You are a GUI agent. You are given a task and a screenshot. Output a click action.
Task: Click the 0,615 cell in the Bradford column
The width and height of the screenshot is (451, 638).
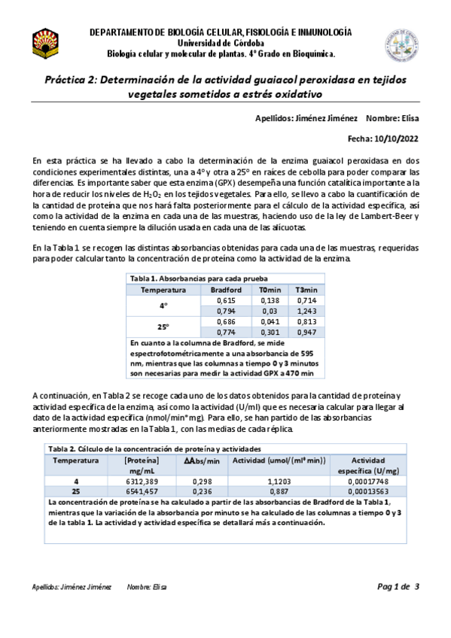(225, 299)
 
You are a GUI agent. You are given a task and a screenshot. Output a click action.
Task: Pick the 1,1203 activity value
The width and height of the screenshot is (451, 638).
(278, 481)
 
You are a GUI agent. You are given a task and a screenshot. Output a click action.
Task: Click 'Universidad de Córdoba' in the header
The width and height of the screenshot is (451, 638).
(220, 44)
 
